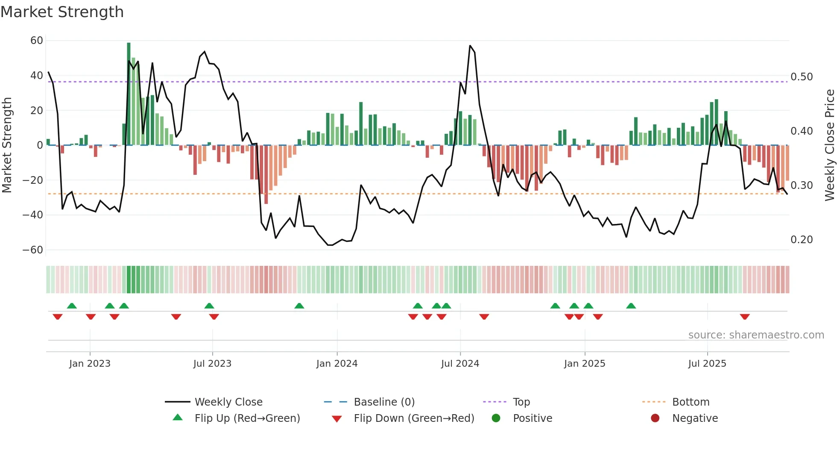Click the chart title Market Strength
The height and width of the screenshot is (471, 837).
click(62, 12)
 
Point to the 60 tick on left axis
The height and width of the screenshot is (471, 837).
click(37, 41)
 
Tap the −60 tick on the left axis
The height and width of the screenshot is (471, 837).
click(33, 250)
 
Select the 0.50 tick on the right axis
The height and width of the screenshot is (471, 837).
click(802, 77)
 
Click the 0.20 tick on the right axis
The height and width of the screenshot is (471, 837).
click(802, 240)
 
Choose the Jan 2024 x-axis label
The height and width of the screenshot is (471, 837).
click(337, 364)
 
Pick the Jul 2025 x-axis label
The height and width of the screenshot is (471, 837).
click(707, 364)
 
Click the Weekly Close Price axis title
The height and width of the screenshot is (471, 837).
click(829, 145)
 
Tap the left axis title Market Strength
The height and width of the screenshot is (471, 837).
click(7, 145)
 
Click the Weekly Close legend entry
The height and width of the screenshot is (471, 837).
click(228, 402)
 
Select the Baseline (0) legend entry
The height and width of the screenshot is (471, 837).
click(384, 402)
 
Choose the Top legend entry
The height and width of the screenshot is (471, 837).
click(521, 402)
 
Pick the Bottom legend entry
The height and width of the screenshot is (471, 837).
click(691, 402)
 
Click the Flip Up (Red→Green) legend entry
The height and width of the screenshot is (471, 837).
click(247, 418)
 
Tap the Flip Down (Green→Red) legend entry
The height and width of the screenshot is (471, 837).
click(413, 418)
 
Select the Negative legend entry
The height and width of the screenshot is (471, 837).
click(695, 418)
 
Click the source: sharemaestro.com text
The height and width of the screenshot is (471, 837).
click(756, 335)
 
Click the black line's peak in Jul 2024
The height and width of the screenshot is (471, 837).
click(470, 46)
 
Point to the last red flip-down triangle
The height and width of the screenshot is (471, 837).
click(745, 317)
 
